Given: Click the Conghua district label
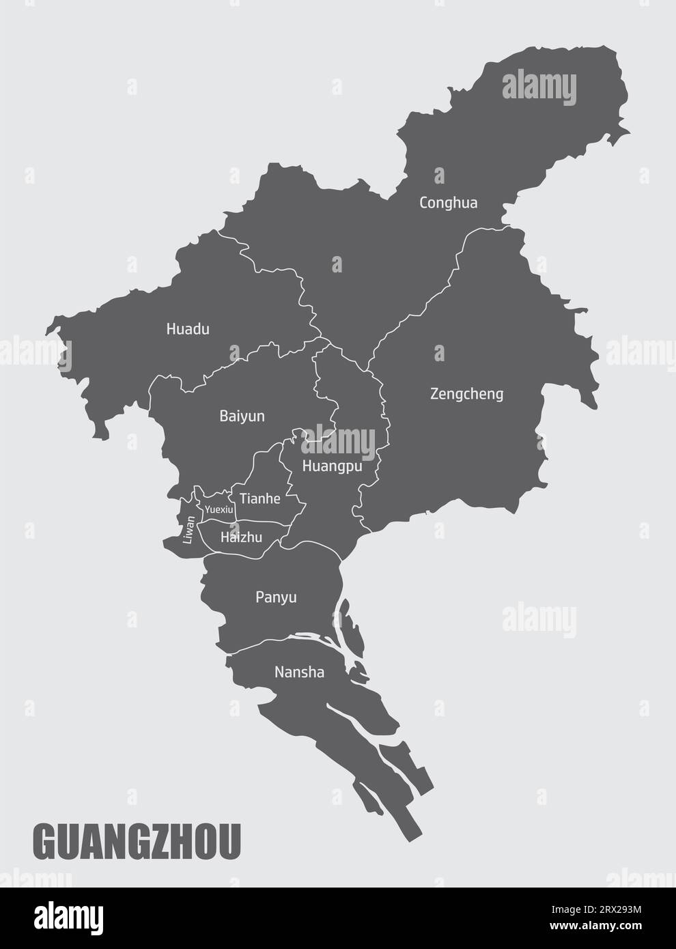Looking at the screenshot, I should [448, 203].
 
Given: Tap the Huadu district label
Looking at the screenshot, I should [188, 329].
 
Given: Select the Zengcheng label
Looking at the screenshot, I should [466, 394].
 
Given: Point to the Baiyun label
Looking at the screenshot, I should [242, 416].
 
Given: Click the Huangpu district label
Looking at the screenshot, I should [331, 468].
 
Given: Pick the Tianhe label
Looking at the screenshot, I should [259, 499].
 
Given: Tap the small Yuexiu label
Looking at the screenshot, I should [219, 510].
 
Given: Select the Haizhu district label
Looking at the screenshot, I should [241, 537].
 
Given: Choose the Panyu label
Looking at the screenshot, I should [276, 597].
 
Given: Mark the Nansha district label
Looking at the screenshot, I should [299, 672].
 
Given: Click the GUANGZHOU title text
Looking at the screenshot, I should [137, 842].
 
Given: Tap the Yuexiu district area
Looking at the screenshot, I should [217, 500].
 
